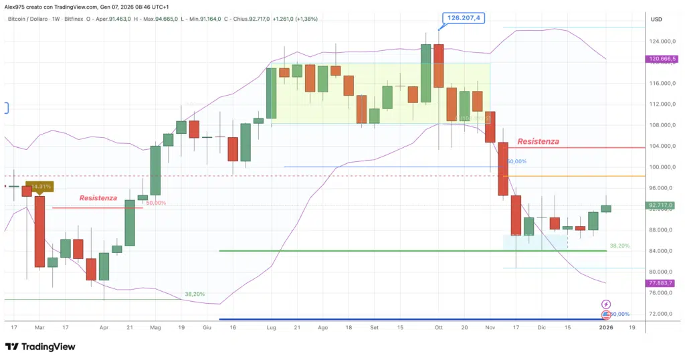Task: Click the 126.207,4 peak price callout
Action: [462, 18]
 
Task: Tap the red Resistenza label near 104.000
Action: [538, 142]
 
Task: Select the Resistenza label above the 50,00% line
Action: [98, 198]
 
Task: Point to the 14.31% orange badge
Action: [39, 186]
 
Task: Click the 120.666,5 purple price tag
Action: [662, 59]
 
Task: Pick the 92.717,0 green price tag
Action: [662, 205]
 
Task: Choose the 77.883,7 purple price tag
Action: [662, 283]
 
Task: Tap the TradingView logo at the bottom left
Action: [40, 347]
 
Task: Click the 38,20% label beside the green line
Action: [619, 246]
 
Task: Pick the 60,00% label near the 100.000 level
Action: [516, 161]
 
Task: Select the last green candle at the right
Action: [606, 208]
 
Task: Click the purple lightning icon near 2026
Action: [606, 304]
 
